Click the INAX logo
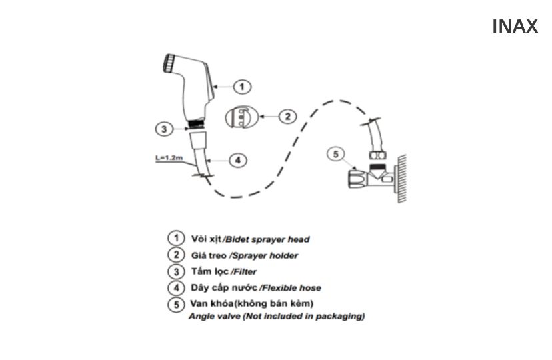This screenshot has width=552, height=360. [x=515, y=27]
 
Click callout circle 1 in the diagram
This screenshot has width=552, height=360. [x=243, y=86]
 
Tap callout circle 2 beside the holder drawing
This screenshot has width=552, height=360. [x=286, y=117]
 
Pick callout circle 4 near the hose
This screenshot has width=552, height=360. [x=238, y=160]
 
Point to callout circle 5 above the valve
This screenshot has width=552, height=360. [x=336, y=155]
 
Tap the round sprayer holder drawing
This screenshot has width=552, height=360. [x=239, y=117]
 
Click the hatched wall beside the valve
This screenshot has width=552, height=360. [x=401, y=177]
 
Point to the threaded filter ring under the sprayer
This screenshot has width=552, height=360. [x=196, y=123]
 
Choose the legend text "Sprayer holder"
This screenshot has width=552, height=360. [x=264, y=255]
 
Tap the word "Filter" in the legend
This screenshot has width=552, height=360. [x=244, y=272]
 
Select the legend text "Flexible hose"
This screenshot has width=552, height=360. [x=291, y=288]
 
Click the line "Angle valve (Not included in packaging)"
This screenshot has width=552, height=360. [x=277, y=316]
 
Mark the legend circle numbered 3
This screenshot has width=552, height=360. [x=175, y=271]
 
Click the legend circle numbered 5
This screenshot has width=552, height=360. [x=175, y=305]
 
